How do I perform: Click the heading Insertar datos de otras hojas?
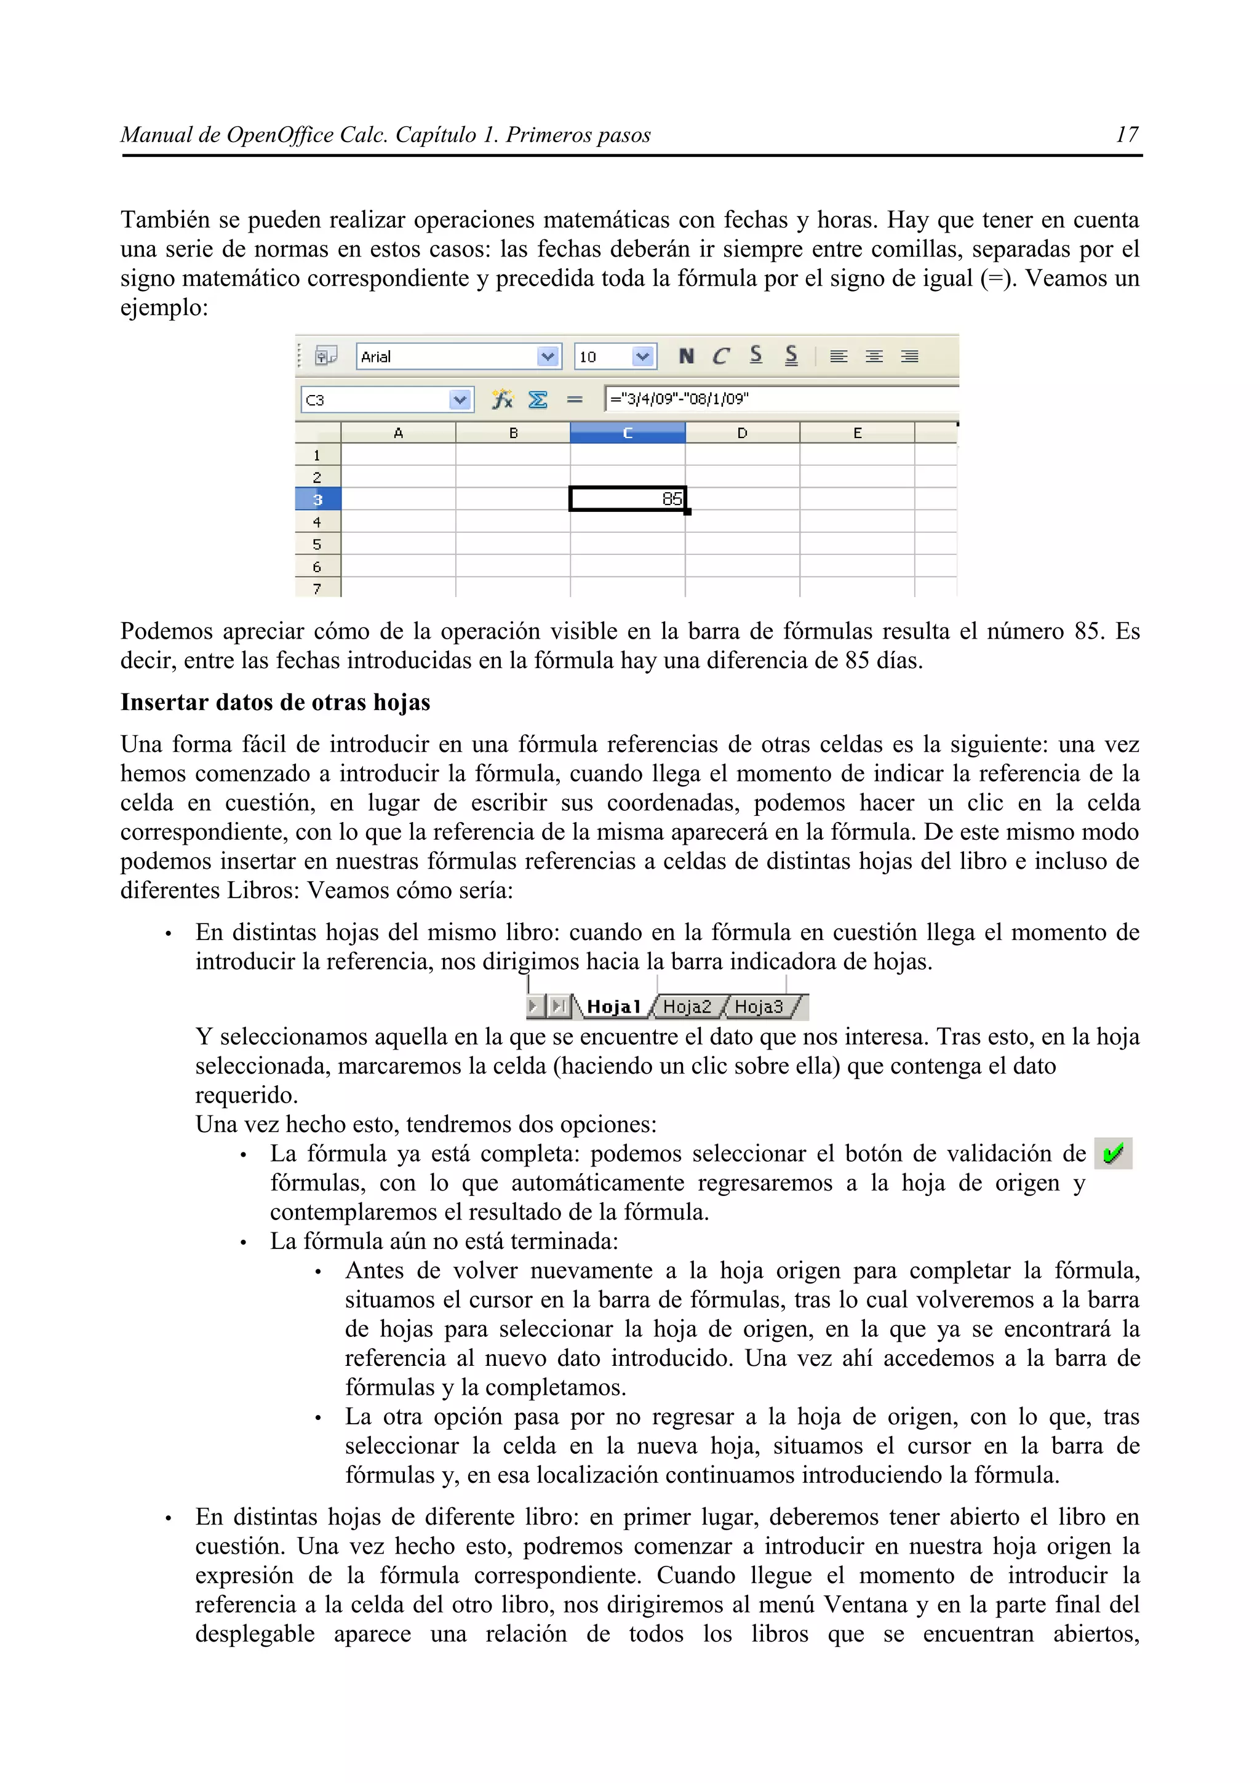[x=275, y=702]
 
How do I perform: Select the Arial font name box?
[x=447, y=356]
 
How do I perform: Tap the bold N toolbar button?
[x=685, y=356]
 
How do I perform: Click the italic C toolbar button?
[x=720, y=356]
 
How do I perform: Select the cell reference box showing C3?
[x=375, y=400]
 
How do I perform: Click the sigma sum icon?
[x=537, y=400]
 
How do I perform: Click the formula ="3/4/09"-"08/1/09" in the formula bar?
[x=679, y=399]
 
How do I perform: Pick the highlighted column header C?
[x=628, y=433]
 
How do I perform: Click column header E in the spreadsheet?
[x=857, y=433]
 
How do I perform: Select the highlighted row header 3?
[x=317, y=500]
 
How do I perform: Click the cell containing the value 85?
[x=628, y=498]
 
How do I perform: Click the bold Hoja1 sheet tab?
[x=613, y=1007]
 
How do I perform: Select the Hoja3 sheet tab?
[x=758, y=1007]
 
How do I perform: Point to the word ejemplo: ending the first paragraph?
[x=164, y=308]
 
